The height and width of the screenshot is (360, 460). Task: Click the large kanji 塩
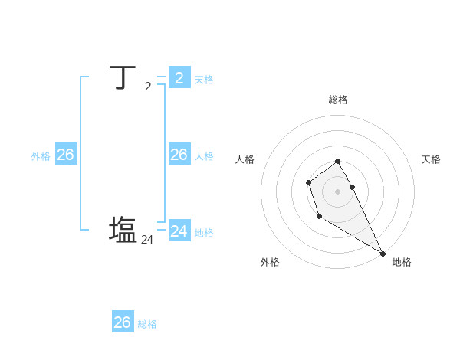123,231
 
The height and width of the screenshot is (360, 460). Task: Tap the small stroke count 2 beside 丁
148,87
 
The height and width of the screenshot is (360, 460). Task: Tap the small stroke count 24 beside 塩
147,240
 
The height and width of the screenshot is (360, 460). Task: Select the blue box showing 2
179,77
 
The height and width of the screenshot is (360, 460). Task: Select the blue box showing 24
179,231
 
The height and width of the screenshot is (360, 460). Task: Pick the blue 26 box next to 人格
179,155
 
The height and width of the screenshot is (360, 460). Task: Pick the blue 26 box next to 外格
65,155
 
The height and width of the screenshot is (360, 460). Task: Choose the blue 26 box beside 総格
123,322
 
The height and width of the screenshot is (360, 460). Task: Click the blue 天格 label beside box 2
204,80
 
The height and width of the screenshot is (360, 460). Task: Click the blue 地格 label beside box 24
204,233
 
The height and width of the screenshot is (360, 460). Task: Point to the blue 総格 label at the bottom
147,324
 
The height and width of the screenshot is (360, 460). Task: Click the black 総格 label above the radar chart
338,100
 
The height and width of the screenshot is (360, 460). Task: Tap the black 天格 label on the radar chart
431,159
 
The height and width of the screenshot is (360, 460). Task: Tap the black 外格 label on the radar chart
270,262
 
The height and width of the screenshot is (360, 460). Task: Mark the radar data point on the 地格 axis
383,254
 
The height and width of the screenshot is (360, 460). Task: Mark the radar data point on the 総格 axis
338,161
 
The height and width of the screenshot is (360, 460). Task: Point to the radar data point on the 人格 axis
308,182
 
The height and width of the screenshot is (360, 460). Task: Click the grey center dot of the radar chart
338,191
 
